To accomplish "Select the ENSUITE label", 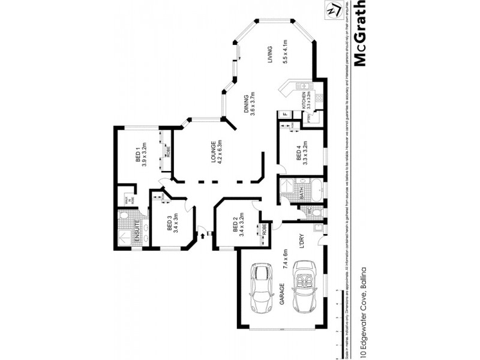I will [138, 230].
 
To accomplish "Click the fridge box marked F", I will [286, 113].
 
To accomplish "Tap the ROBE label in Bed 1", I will [169, 151].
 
